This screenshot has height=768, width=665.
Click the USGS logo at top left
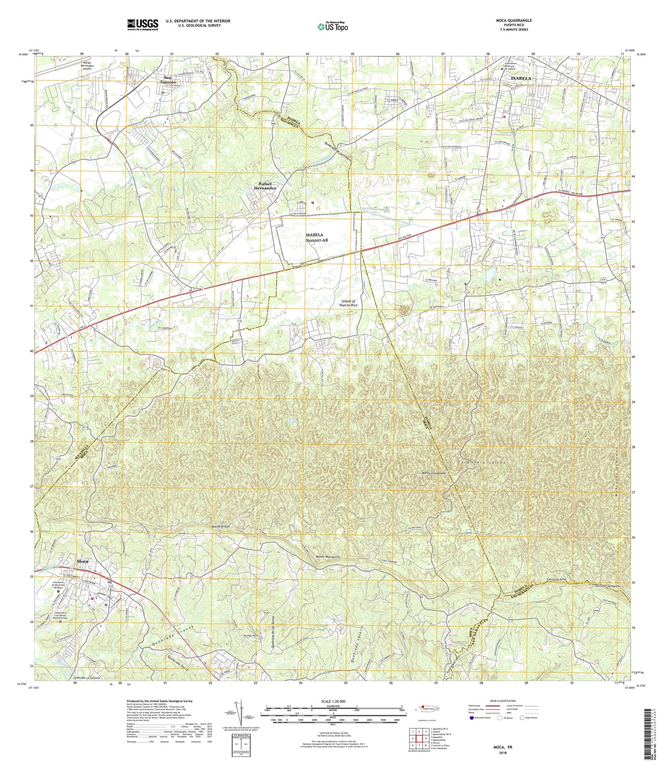(142, 24)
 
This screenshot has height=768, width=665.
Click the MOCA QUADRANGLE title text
(514, 20)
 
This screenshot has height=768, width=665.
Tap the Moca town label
(82, 561)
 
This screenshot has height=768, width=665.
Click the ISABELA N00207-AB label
(316, 237)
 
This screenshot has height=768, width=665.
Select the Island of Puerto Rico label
(351, 303)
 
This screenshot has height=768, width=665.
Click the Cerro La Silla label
(556, 579)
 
